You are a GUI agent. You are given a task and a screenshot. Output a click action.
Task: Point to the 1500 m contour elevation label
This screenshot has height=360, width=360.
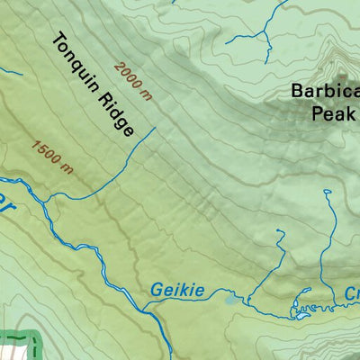pyautogui.click(x=51, y=154)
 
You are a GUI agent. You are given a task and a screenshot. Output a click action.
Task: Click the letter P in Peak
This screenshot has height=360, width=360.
pyautogui.click(x=317, y=112)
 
